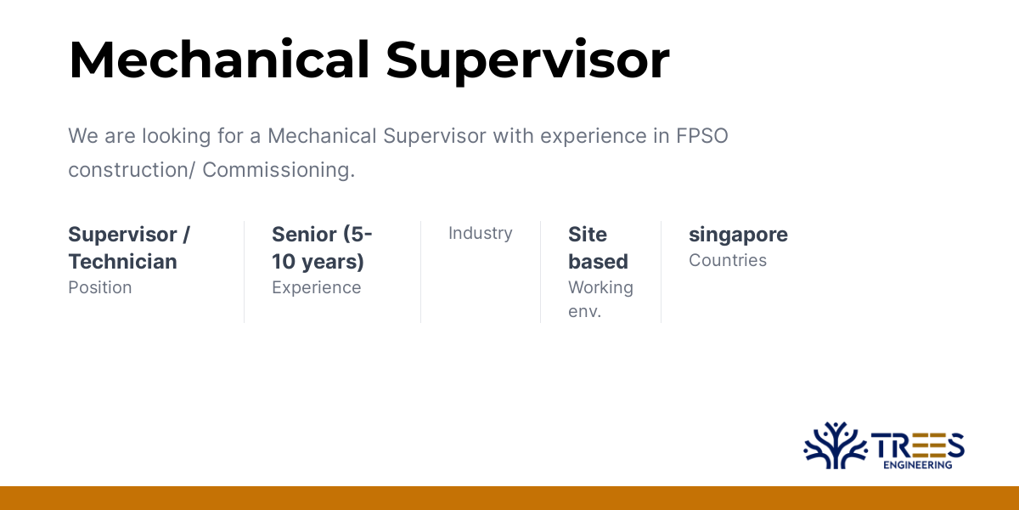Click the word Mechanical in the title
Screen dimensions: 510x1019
click(218, 61)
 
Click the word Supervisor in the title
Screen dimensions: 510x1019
click(527, 61)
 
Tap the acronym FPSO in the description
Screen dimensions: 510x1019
click(702, 136)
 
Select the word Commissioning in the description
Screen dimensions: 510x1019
click(279, 170)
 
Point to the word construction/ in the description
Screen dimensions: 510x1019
click(132, 170)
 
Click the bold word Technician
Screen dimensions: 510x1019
click(122, 261)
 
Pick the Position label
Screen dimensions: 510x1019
click(100, 287)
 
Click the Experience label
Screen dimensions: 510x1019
click(316, 287)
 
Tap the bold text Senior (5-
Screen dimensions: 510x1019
click(322, 234)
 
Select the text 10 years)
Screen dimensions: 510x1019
click(318, 261)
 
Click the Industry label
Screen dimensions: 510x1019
click(481, 233)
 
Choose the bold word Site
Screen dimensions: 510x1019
click(588, 234)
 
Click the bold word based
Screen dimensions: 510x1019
click(598, 261)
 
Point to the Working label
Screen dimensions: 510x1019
click(600, 287)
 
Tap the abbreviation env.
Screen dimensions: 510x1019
click(584, 311)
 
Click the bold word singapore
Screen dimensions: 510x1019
click(738, 234)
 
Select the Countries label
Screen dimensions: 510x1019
click(728, 260)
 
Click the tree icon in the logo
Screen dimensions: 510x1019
click(835, 445)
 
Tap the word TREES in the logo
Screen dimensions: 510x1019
click(917, 444)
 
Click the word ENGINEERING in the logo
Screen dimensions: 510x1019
click(917, 465)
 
